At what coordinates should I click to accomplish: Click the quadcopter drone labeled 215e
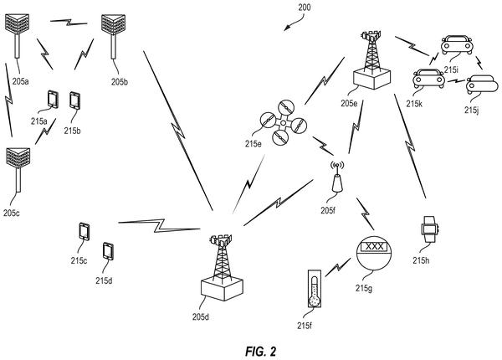284,122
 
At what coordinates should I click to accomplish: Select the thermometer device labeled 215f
315,289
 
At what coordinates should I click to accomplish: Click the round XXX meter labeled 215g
374,253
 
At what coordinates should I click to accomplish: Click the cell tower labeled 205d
222,268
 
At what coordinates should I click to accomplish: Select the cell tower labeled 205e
372,60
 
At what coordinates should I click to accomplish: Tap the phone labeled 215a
53,100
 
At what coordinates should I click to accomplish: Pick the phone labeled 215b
74,100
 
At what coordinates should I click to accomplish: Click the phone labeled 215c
85,231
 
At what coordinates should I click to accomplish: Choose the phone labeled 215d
108,251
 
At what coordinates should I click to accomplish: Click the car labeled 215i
457,45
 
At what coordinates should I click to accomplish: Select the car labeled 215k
429,79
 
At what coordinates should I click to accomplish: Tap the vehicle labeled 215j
482,85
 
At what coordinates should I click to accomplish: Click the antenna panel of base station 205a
18,23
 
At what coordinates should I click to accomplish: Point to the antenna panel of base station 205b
113,24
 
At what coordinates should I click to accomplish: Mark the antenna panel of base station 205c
18,157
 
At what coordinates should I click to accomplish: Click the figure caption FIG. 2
260,352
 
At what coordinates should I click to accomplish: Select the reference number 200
305,8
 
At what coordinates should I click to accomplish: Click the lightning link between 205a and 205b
69,23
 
